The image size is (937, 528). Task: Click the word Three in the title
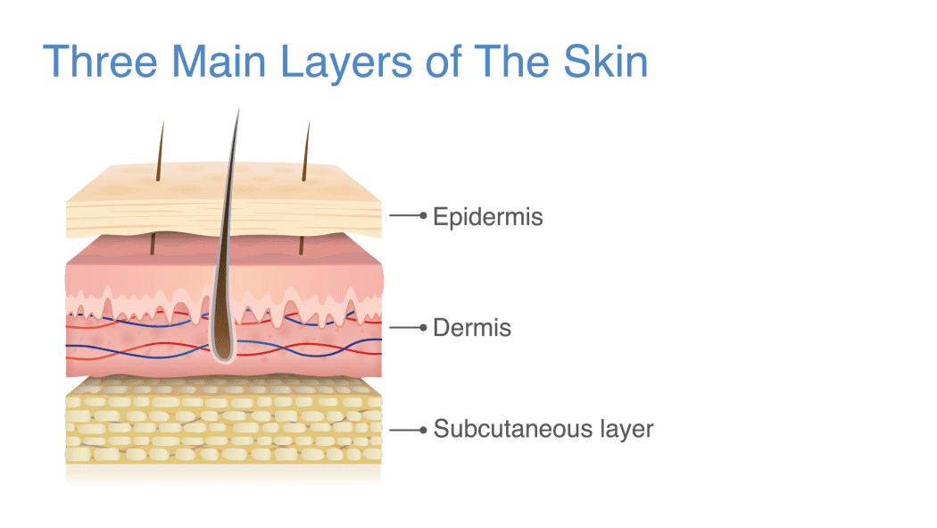click(100, 61)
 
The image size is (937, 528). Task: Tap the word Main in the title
click(219, 61)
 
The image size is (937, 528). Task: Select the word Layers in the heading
click(346, 64)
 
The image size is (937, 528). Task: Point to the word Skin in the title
click(605, 61)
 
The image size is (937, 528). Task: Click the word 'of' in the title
click(444, 61)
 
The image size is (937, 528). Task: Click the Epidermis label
click(487, 217)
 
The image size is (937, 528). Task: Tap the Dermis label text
click(472, 328)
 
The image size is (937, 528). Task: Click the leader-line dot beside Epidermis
click(423, 215)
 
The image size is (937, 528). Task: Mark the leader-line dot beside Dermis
click(423, 328)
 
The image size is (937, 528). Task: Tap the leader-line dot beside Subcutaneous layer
click(423, 430)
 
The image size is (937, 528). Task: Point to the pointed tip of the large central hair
click(239, 109)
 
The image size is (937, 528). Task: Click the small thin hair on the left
click(160, 151)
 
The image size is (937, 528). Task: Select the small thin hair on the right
click(306, 151)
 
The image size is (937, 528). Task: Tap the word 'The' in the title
click(511, 61)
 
